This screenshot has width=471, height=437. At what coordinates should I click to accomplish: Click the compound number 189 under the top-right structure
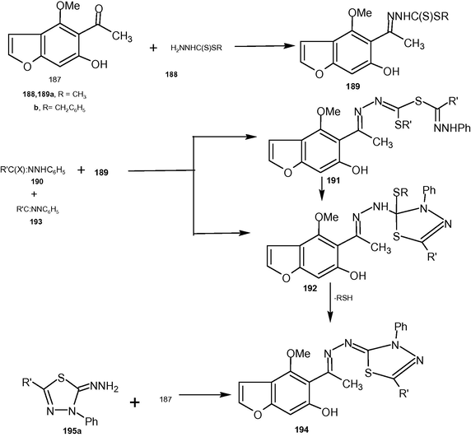pyautogui.click(x=352, y=86)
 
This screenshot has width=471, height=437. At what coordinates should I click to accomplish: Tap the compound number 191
pyautogui.click(x=333, y=181)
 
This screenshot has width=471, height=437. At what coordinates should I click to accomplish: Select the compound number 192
pyautogui.click(x=310, y=288)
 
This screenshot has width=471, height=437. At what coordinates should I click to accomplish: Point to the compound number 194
pyautogui.click(x=302, y=430)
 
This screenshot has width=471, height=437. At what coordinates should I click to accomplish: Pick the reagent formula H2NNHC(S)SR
pyautogui.click(x=197, y=48)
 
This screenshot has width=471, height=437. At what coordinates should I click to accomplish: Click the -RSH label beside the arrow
pyautogui.click(x=343, y=298)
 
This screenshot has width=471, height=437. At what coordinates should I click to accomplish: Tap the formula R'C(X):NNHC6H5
pyautogui.click(x=33, y=171)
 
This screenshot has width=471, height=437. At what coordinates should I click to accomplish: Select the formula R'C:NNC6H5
pyautogui.click(x=38, y=210)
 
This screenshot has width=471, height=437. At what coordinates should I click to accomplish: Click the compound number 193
pyautogui.click(x=36, y=222)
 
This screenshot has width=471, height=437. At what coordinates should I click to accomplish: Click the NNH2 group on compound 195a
pyautogui.click(x=104, y=388)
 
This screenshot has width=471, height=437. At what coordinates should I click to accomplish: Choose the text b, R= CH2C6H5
pyautogui.click(x=59, y=109)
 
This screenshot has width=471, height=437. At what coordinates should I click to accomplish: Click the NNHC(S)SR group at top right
pyautogui.click(x=418, y=16)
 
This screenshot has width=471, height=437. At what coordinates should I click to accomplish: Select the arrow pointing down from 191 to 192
pyautogui.click(x=322, y=188)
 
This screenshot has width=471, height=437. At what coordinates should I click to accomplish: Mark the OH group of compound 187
pyautogui.click(x=99, y=64)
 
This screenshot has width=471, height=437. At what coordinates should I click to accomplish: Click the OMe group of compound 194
pyautogui.click(x=298, y=353)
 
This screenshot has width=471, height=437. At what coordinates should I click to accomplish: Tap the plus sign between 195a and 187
pyautogui.click(x=135, y=402)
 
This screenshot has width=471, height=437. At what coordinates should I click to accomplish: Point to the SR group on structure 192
pyautogui.click(x=401, y=193)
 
